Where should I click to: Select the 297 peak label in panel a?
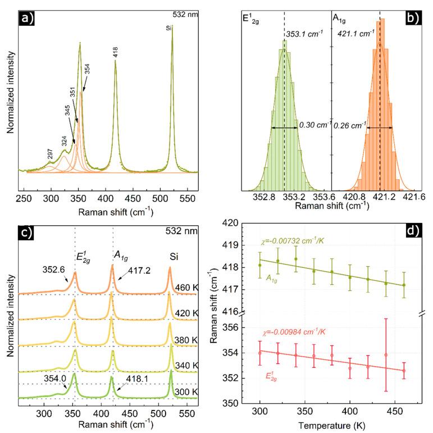50,155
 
